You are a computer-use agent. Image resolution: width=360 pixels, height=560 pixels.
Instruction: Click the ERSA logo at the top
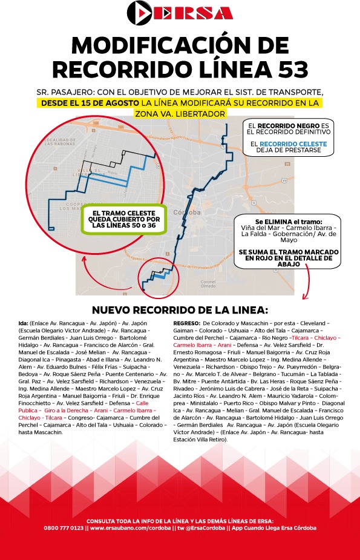click(180, 13)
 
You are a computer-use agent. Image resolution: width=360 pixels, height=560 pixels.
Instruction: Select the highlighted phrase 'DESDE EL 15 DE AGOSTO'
click(83, 103)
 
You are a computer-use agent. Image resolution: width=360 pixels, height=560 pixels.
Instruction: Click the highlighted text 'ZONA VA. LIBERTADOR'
click(180, 114)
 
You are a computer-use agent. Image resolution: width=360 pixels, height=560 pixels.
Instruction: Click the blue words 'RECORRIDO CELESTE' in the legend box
click(292, 145)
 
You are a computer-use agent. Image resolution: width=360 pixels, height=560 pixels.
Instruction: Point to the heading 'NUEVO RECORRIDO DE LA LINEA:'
click(179, 310)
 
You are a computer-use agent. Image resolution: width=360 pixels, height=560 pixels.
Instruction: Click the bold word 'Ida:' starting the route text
click(24, 324)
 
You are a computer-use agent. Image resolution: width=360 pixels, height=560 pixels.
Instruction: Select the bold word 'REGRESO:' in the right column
click(186, 324)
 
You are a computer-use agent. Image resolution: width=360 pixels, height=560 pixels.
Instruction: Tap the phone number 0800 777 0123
click(64, 528)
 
